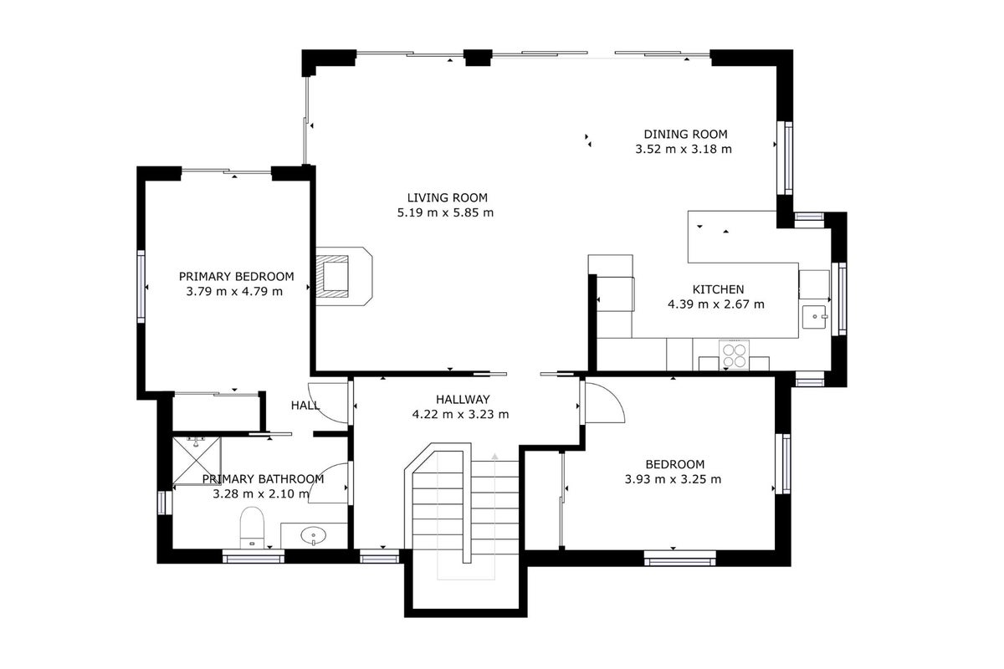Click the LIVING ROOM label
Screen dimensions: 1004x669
point(447,197)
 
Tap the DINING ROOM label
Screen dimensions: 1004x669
point(685,134)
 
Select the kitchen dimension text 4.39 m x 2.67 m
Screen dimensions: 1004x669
point(716,304)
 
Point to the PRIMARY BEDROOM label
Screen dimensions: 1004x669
point(236,277)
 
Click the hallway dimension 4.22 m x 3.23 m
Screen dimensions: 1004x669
point(460,414)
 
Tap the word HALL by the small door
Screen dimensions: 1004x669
point(305,406)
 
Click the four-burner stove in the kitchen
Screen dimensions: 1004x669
point(734,355)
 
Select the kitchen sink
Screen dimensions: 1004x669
point(814,317)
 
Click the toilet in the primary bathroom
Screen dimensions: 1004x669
point(252,528)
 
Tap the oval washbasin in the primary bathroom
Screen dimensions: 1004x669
point(313,535)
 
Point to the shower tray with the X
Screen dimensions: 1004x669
point(197,461)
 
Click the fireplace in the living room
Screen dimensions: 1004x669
point(344,277)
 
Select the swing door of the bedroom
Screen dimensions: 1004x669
point(603,402)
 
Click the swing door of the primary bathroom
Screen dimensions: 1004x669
point(329,483)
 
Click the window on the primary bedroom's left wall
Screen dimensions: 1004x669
point(141,286)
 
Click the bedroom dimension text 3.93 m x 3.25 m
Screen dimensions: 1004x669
point(673,479)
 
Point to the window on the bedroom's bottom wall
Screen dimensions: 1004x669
point(680,559)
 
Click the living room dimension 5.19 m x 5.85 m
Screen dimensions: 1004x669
point(445,212)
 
